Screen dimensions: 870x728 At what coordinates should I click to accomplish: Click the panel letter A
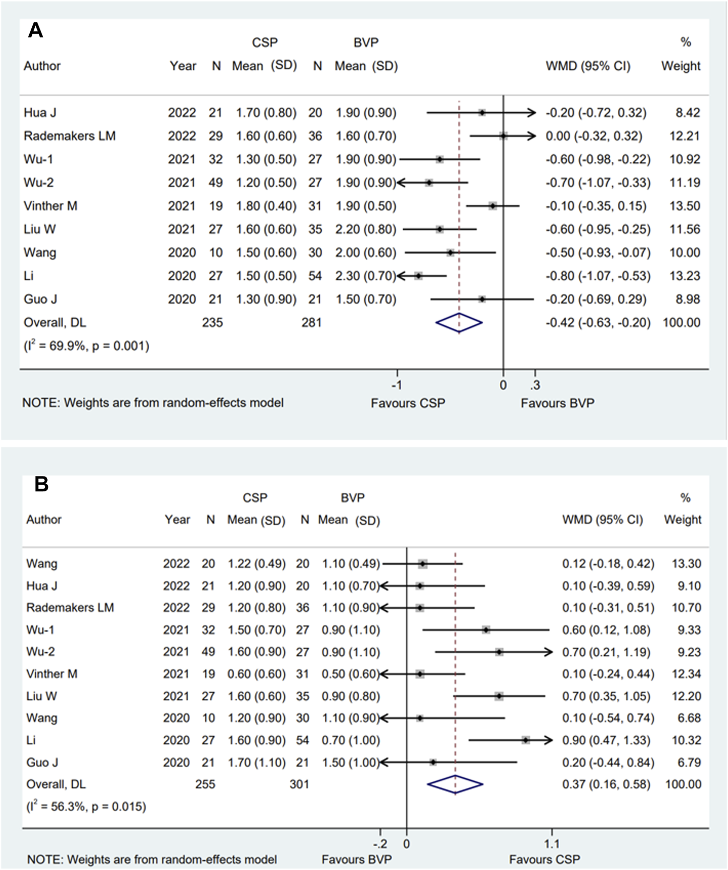click(x=35, y=31)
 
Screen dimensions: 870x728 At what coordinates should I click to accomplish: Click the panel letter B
click(x=41, y=484)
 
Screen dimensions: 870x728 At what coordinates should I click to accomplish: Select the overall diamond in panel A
click(x=459, y=323)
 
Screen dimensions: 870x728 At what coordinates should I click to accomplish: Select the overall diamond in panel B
click(x=455, y=784)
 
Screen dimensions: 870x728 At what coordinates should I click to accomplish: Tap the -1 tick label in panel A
click(x=397, y=385)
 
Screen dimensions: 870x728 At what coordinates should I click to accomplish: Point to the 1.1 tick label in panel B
click(x=551, y=843)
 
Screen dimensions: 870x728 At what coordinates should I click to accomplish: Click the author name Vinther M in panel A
click(x=50, y=206)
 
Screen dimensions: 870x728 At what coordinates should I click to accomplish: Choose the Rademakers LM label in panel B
click(x=70, y=608)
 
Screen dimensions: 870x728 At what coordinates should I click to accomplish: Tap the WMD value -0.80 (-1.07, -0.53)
click(x=598, y=276)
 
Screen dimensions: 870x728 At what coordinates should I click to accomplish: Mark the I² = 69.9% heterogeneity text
click(x=86, y=346)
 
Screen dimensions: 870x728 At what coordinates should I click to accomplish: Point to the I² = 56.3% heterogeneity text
click(x=86, y=807)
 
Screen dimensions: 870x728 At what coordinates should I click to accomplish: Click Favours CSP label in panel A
click(x=408, y=403)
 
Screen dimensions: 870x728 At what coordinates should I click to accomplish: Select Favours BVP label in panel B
click(x=357, y=859)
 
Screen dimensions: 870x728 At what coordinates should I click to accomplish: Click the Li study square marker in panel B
click(x=526, y=740)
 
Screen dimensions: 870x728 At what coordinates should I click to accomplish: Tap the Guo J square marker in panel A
click(x=482, y=299)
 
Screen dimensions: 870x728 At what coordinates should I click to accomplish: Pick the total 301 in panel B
click(x=299, y=784)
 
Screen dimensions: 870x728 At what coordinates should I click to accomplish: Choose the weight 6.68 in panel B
click(x=689, y=718)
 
